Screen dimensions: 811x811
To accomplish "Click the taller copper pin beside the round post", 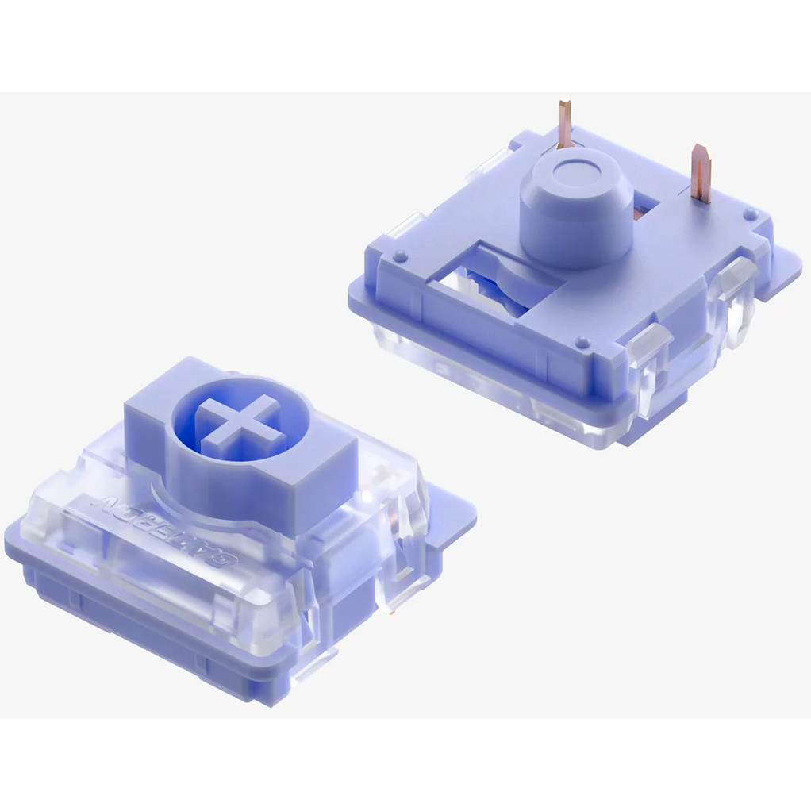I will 564,125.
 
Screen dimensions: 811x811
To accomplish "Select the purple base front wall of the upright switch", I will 159,635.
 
